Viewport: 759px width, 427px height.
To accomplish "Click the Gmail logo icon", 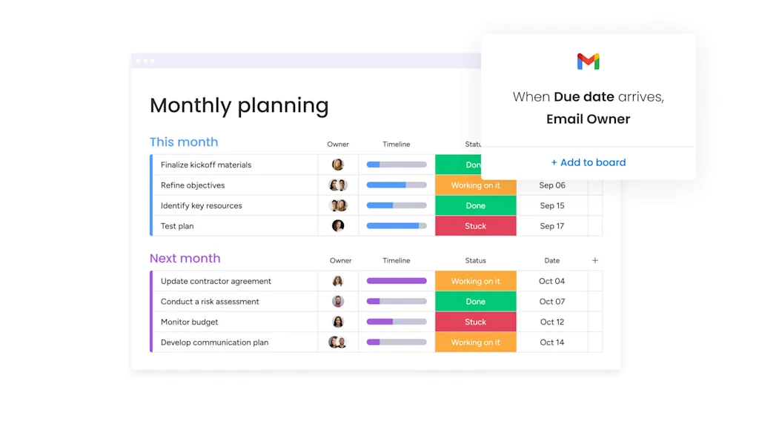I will click(x=588, y=62).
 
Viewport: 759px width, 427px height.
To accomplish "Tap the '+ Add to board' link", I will click(x=588, y=162).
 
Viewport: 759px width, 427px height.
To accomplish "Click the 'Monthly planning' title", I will click(x=239, y=105).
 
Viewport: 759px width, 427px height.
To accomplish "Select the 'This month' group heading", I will click(x=184, y=142).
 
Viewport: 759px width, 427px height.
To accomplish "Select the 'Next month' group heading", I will click(x=185, y=259).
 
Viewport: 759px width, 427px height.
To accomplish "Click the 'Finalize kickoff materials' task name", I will click(x=206, y=165).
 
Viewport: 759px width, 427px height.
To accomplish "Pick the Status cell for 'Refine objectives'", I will click(x=475, y=185).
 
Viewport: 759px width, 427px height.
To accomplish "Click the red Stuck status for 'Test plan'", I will click(x=475, y=226).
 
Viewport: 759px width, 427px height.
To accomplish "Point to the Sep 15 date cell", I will click(x=551, y=206).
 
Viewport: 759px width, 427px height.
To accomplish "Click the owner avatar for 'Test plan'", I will click(x=338, y=226).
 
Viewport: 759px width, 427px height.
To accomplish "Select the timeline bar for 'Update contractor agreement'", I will click(x=397, y=282).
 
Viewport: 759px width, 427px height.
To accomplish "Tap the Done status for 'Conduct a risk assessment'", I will click(x=475, y=302).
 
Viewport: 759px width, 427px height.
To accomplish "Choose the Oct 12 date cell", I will click(x=551, y=322).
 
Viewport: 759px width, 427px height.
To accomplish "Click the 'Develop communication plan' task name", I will click(x=214, y=342).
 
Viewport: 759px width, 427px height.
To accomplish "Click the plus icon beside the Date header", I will click(x=594, y=261).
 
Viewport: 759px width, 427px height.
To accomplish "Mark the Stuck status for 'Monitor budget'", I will click(x=475, y=322).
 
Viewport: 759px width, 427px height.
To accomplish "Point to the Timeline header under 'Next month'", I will click(x=397, y=261).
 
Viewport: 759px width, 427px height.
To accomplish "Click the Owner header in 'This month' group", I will click(x=338, y=145).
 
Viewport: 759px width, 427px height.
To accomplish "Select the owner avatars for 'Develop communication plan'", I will click(x=338, y=342).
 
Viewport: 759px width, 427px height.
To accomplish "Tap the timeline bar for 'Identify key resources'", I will click(x=397, y=206).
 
